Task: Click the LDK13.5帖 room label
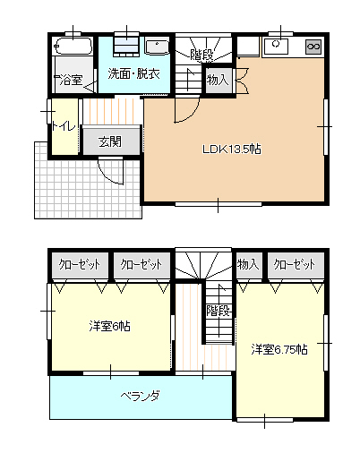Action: point(232,149)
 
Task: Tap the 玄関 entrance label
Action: point(110,141)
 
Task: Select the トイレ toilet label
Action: point(64,126)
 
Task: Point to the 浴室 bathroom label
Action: point(71,80)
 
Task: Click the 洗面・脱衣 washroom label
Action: point(134,73)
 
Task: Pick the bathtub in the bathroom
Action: point(73,47)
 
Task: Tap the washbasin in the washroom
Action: point(157,47)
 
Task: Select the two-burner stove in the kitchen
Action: point(313,47)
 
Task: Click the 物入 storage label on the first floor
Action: point(218,80)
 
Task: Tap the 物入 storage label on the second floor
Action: point(248,264)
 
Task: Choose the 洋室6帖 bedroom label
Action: point(110,326)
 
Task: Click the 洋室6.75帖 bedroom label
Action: point(279,349)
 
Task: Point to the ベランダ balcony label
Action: point(141,396)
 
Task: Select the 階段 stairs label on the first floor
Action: point(202,55)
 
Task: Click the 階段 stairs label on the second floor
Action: point(219,311)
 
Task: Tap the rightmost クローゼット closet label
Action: point(295,264)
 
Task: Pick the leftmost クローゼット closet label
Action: point(80,264)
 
